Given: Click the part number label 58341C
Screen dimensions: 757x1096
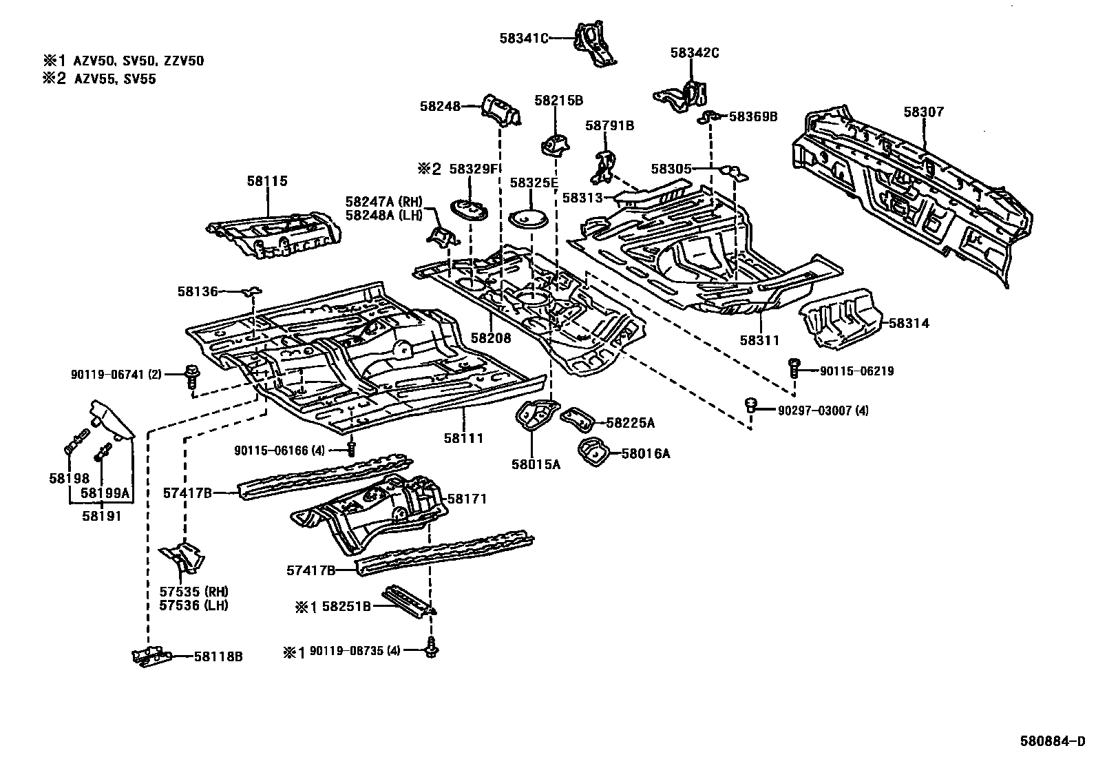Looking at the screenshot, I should [523, 39].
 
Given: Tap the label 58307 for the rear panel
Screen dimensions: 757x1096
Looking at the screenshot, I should [923, 112].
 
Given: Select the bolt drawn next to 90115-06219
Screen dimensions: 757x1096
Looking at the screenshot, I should [794, 367].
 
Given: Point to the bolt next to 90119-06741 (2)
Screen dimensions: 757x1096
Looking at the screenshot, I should [191, 377].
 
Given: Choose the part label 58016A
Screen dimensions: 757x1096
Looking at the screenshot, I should [645, 453].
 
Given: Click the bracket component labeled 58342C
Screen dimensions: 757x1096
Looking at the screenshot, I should [682, 97].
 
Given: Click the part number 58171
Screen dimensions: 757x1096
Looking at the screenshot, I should [467, 499].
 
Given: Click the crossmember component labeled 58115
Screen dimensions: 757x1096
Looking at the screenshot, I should [275, 238].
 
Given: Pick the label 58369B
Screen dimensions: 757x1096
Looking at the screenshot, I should [752, 117].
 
